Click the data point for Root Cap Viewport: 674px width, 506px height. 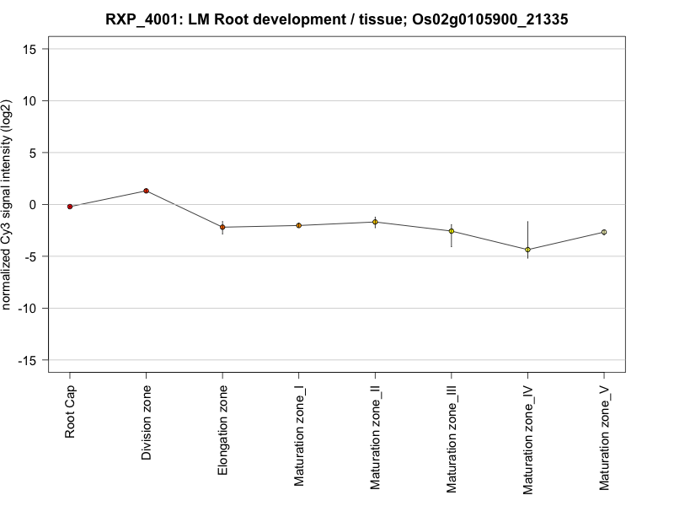pyautogui.click(x=70, y=207)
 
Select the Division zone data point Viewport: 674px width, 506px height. pyautogui.click(x=146, y=191)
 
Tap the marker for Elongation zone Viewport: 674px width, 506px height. pyautogui.click(x=222, y=227)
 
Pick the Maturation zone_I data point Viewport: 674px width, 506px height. pyautogui.click(x=298, y=225)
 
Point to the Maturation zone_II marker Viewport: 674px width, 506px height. pyautogui.click(x=375, y=222)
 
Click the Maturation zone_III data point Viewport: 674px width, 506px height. pyautogui.click(x=451, y=231)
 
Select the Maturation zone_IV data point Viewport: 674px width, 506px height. pyautogui.click(x=527, y=250)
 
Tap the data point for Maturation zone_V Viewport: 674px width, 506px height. pyautogui.click(x=603, y=232)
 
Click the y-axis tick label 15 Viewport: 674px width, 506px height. pyautogui.click(x=32, y=49)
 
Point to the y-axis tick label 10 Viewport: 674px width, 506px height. pyautogui.click(x=32, y=100)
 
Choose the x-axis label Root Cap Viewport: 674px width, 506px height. pyautogui.click(x=70, y=411)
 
